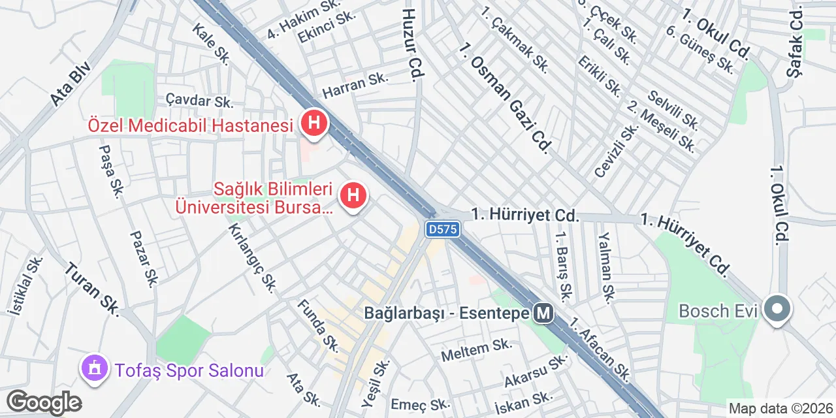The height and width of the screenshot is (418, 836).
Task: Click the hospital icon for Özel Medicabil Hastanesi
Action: [314, 122]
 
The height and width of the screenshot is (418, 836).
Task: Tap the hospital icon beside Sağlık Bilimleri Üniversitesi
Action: [353, 195]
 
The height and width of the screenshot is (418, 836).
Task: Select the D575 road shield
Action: [443, 229]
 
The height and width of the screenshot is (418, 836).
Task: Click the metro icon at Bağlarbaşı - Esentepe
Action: [543, 314]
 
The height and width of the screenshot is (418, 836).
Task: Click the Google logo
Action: [44, 402]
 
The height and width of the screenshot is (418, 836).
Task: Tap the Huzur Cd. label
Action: [410, 44]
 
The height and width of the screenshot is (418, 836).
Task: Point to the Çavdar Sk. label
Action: [199, 101]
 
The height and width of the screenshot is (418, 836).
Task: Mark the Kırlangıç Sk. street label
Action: [252, 257]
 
